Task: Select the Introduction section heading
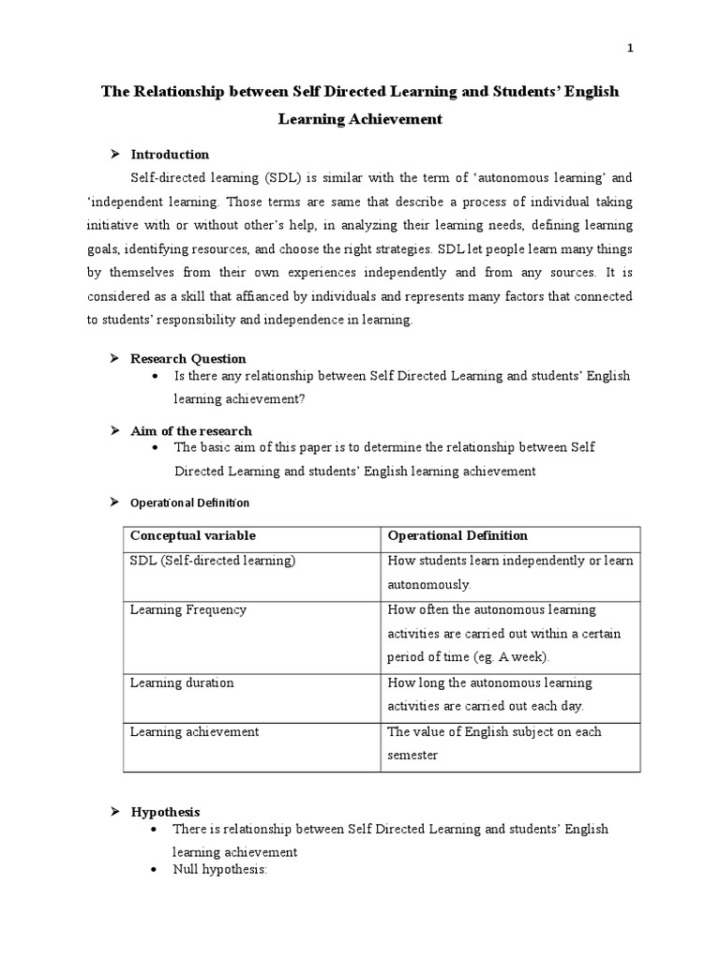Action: coord(170,155)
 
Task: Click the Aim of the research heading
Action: coord(191,431)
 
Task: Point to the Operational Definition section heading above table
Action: coord(189,503)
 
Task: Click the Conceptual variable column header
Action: coord(192,536)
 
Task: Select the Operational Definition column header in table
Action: coord(457,536)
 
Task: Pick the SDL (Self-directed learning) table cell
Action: coord(213,561)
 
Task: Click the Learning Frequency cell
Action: coord(188,609)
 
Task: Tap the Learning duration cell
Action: coord(182,683)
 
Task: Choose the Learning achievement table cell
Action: coord(194,731)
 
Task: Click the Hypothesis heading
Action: coord(165,812)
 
